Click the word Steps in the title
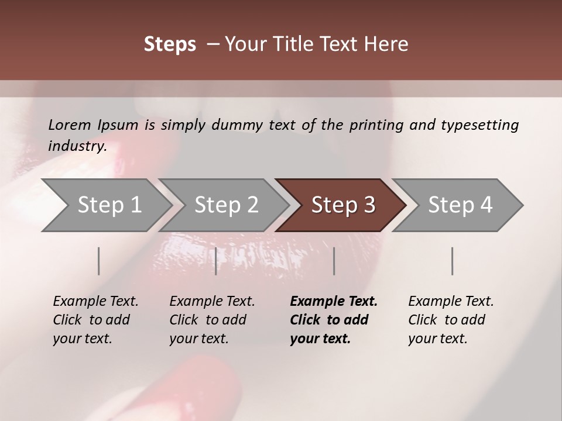click(170, 44)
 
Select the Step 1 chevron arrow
click(105, 205)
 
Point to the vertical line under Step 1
click(99, 261)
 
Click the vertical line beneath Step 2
click(216, 261)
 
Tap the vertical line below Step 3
click(334, 261)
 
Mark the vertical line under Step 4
click(452, 261)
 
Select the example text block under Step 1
click(95, 320)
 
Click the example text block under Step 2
click(212, 320)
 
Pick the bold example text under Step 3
click(333, 320)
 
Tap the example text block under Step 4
click(451, 320)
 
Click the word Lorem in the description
click(69, 125)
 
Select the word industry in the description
click(77, 146)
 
